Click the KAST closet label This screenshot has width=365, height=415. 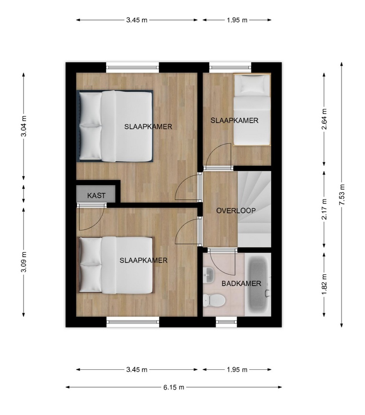point(96,196)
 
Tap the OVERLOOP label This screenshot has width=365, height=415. point(236,211)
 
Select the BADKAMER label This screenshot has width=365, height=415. point(241,284)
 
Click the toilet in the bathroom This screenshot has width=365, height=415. point(214,301)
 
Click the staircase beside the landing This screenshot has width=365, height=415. point(254,209)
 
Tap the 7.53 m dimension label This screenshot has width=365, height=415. point(342,194)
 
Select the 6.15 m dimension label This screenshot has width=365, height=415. point(174,387)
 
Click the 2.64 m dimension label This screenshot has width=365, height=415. point(324,119)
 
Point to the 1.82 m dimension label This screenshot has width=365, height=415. point(324,284)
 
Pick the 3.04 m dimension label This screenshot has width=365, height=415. point(24,126)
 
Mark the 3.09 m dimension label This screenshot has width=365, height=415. point(24,262)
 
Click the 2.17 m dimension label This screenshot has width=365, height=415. point(324,209)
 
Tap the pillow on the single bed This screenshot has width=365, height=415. point(253,84)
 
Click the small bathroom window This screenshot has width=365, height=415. point(226,322)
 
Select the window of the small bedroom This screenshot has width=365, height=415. point(230,67)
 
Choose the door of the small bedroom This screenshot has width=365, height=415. point(218,157)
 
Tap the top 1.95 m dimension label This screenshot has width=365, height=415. point(237,20)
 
